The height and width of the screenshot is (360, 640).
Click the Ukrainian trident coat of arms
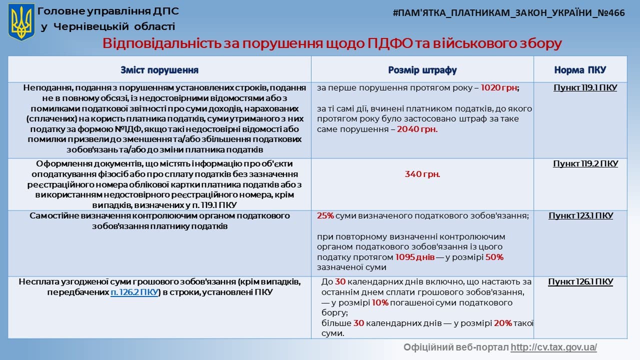point(21,22)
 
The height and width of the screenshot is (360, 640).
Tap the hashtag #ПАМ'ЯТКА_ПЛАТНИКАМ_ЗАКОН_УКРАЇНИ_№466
point(508,13)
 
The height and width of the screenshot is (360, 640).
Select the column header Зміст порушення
point(159,70)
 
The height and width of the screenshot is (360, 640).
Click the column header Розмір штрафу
point(422,70)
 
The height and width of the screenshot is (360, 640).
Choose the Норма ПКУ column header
point(580,70)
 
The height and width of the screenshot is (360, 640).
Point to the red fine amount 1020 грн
point(499,87)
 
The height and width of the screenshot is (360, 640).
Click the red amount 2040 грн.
point(417,129)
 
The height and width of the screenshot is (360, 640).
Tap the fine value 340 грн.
point(422,174)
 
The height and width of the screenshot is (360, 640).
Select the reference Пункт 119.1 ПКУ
point(585,87)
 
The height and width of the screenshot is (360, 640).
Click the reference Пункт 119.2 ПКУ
point(585,163)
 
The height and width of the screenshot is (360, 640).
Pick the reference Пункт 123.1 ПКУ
point(580,215)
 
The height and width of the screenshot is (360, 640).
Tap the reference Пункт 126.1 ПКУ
point(580,282)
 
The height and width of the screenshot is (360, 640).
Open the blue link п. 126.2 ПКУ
point(134,292)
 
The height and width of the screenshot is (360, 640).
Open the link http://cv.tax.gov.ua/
point(553,347)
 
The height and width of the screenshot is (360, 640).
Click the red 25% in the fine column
point(325,215)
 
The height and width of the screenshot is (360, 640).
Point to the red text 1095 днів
point(415,257)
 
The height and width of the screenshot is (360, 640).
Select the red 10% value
point(380,302)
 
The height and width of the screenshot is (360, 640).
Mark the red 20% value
point(503,323)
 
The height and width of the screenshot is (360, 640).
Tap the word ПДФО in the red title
point(390,43)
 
